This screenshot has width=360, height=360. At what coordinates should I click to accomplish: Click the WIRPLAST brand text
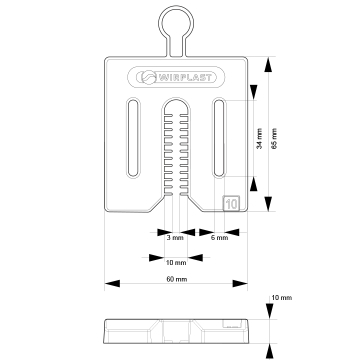click(185, 78)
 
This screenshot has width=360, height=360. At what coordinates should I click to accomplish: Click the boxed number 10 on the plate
click(232, 203)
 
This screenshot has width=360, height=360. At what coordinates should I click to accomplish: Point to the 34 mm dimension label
click(260, 138)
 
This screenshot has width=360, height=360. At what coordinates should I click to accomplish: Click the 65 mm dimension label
click(274, 138)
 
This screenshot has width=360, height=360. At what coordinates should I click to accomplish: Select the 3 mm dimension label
click(175, 238)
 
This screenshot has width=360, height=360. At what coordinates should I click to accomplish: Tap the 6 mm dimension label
click(220, 238)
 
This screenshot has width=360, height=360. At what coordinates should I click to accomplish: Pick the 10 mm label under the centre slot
click(176, 263)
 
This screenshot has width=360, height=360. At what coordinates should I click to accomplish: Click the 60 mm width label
click(177, 279)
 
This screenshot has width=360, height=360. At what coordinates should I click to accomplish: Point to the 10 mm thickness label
click(282, 298)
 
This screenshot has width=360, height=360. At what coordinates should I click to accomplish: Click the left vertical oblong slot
click(133, 138)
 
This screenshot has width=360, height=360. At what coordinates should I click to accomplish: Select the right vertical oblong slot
click(219, 138)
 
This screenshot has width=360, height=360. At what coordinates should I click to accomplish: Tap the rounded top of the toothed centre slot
click(176, 99)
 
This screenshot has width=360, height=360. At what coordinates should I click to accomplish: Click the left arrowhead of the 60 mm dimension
click(112, 284)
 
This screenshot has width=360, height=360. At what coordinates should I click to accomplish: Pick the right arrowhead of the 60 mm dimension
click(240, 284)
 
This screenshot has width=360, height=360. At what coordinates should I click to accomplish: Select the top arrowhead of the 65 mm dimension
click(268, 64)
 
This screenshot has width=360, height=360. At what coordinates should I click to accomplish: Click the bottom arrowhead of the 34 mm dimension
click(254, 184)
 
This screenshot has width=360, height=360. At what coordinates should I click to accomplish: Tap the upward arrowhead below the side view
click(270, 351)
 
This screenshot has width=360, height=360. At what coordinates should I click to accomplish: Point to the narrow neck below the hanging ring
click(176, 47)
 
